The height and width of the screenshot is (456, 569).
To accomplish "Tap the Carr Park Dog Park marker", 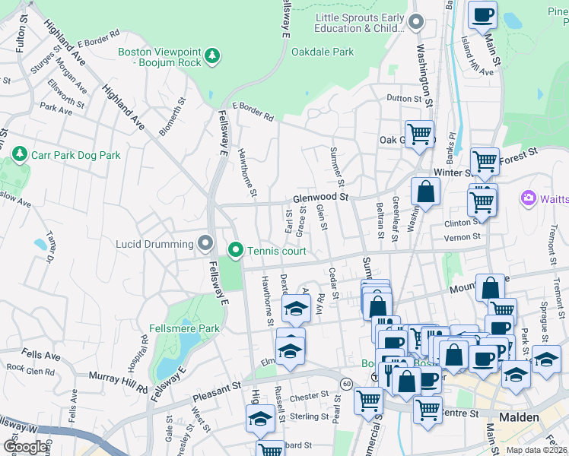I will click(x=20, y=155).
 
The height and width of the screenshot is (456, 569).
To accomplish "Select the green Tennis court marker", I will click(x=236, y=250).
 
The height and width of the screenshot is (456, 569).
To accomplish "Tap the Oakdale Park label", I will click(x=323, y=52).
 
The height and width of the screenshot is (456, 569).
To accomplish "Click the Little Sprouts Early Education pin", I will click(x=415, y=23).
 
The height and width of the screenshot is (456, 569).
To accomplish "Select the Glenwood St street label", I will click(x=320, y=198).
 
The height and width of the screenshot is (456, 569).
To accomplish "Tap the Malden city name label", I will click(x=520, y=417).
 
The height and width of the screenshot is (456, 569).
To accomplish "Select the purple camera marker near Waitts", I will click(x=528, y=198).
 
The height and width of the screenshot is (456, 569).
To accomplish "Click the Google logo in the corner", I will click(x=24, y=446).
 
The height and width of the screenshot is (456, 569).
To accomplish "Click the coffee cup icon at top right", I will click(x=482, y=14).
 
